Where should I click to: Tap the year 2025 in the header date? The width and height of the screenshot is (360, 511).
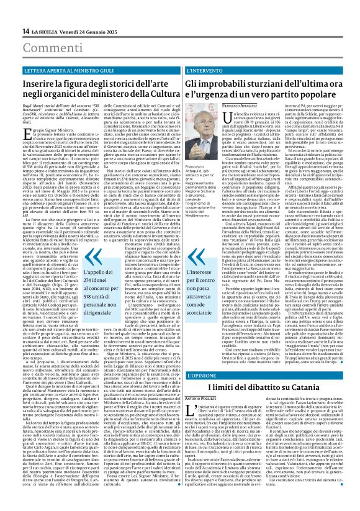94,32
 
